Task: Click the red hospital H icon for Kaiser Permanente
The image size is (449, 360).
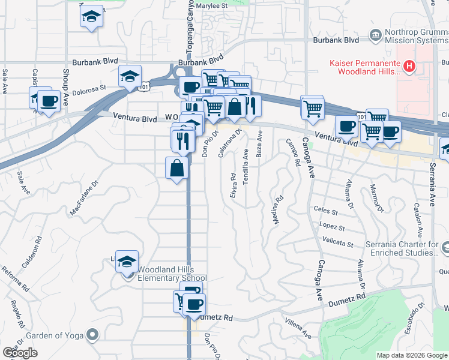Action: click(x=409, y=65)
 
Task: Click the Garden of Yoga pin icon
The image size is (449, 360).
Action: click(x=91, y=334)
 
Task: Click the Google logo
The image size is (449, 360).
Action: click(x=20, y=352)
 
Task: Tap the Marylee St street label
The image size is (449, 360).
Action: click(x=216, y=5)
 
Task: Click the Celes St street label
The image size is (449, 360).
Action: click(x=326, y=210)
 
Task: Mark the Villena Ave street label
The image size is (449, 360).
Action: click(x=298, y=328)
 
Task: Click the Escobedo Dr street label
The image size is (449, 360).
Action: click(x=420, y=312)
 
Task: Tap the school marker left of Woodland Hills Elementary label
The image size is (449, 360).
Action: click(x=127, y=262)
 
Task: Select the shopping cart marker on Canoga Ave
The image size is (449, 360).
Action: click(x=312, y=109)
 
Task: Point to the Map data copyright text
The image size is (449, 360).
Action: click(x=412, y=355)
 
